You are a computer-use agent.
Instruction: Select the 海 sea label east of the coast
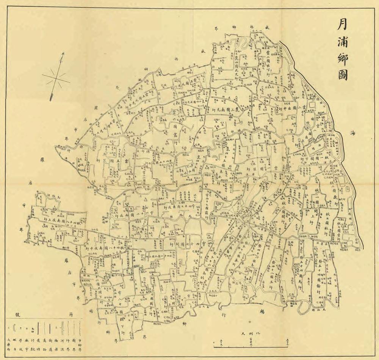(x=353, y=133)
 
